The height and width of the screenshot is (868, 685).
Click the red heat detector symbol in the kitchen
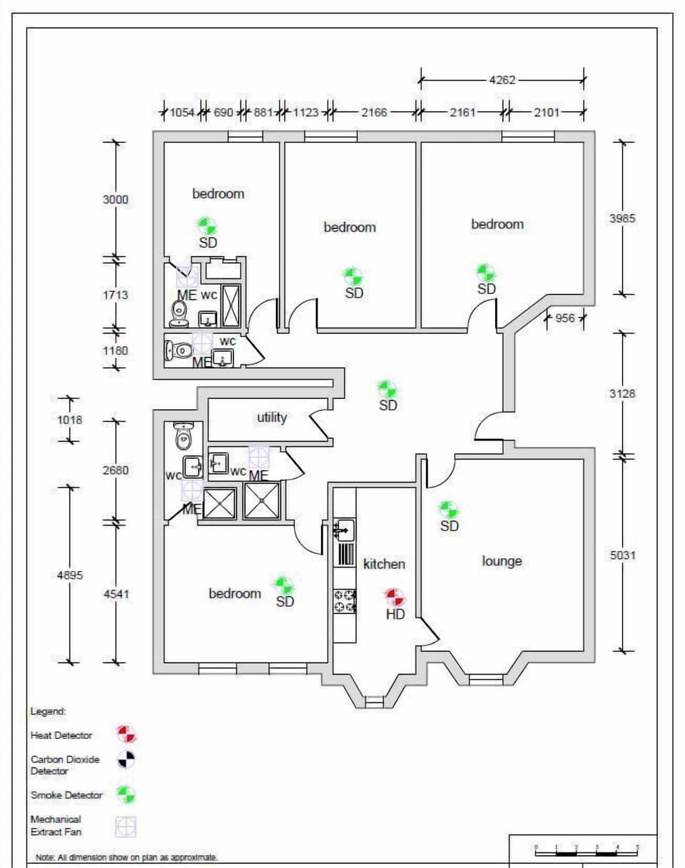[393, 597]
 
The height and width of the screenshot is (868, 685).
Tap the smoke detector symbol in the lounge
[448, 510]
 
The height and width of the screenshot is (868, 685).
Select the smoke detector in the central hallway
[387, 389]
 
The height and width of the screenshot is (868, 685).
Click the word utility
[272, 418]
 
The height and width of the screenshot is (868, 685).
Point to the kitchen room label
[384, 565]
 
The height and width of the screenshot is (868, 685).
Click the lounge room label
[502, 561]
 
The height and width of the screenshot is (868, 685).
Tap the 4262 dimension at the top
[502, 80]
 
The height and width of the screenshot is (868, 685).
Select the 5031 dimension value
[622, 555]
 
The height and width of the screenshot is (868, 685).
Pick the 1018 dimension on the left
[69, 420]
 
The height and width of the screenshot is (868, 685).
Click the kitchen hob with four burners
[345, 601]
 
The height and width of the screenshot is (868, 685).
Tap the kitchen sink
[344, 530]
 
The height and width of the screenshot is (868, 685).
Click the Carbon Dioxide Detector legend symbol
[126, 759]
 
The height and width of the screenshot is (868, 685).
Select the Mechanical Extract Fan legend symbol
[126, 827]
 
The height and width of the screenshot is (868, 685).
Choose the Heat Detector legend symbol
[126, 734]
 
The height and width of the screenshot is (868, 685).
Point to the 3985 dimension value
[622, 218]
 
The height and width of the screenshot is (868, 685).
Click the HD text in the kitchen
[395, 615]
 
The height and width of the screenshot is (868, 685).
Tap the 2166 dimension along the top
[374, 112]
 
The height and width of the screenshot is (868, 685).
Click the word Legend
[48, 712]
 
